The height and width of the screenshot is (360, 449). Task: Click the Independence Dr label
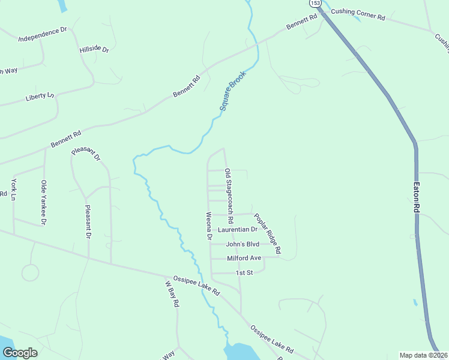click(x=42, y=34)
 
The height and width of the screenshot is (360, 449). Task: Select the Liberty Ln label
click(x=40, y=96)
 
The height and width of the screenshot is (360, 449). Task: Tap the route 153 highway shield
click(x=315, y=3)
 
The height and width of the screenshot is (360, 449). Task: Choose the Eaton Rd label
click(x=416, y=197)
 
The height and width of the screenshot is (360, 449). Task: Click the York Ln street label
click(x=13, y=188)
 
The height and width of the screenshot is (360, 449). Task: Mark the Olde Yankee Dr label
click(x=43, y=203)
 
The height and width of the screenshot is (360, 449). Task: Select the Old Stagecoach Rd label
click(x=229, y=197)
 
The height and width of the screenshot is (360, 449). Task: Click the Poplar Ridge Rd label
click(x=267, y=232)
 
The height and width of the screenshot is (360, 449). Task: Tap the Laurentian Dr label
click(x=238, y=229)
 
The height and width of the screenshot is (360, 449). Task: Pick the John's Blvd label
click(x=243, y=244)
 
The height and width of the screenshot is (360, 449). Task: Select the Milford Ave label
click(x=244, y=258)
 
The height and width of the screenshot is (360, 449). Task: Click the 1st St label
click(x=244, y=272)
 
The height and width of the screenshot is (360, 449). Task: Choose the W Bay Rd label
click(x=172, y=294)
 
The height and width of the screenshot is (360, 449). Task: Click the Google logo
click(x=20, y=353)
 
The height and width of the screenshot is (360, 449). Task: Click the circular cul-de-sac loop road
click(x=30, y=272)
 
